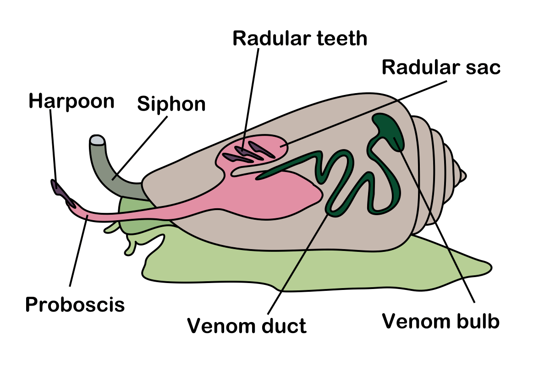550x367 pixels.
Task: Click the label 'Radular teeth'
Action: pos(300,39)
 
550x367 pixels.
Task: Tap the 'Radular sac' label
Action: pos(441,68)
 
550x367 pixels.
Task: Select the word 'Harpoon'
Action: pos(71,101)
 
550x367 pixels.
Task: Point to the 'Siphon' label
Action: pos(171,105)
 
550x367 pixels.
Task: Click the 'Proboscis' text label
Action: pos(75,304)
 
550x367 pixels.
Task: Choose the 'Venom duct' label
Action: pos(247,326)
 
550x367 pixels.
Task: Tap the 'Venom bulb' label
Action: pos(441,321)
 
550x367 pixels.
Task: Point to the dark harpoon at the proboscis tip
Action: pos(62,193)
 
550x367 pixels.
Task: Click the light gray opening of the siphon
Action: pos(97,139)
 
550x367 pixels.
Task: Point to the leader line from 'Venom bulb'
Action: pos(440,229)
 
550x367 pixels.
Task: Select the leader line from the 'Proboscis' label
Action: pos(78,252)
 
